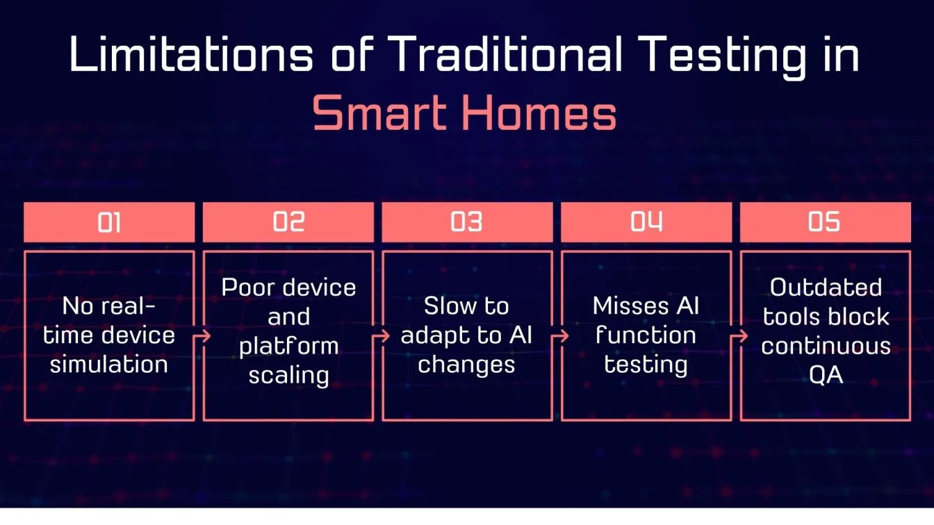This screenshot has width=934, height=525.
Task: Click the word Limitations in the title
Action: point(191,54)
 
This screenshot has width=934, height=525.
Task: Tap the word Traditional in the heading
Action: point(505,54)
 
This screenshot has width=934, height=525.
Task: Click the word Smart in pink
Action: point(379,112)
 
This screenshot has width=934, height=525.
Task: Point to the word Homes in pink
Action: point(539,112)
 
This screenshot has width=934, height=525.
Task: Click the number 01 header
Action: point(109,222)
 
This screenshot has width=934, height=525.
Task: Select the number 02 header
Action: point(288,222)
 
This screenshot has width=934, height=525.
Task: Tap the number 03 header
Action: point(467,222)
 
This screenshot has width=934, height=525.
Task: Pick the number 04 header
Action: point(646,222)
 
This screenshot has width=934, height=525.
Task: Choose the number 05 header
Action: point(825,222)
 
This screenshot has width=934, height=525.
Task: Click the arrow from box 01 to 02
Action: point(202,336)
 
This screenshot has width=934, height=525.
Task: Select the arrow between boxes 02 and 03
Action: point(381,336)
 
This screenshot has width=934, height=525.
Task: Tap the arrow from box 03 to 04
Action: point(560,336)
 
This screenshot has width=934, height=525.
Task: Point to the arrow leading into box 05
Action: point(739,336)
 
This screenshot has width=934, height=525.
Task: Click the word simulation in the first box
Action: point(109,365)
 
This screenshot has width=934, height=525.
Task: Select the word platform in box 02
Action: point(288,347)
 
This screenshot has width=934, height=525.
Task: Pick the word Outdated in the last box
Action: point(826,287)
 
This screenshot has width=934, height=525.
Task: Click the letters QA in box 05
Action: point(826,375)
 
